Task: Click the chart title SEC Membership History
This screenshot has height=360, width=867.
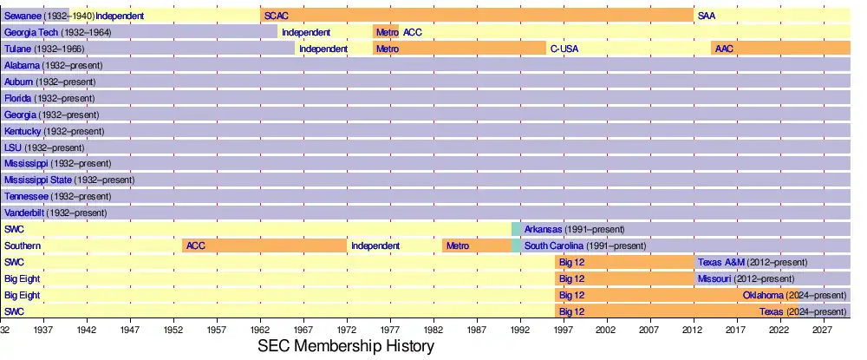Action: (346, 346)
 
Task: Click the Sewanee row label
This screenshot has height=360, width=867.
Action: (23, 16)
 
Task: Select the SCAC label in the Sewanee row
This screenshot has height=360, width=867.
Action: (277, 16)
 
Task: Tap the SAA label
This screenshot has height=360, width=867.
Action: (707, 16)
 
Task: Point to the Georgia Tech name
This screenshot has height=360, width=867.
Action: (30, 32)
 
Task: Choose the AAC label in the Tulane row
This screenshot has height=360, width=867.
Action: (724, 49)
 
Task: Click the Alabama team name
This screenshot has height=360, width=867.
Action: (22, 65)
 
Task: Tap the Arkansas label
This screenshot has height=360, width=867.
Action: (543, 229)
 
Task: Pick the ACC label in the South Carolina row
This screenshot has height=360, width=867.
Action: (195, 245)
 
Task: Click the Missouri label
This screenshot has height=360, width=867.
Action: (714, 278)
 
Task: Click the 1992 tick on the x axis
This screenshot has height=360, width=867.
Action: (520, 330)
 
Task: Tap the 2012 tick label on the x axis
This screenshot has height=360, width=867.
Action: (693, 330)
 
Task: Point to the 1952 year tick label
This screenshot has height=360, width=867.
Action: (173, 330)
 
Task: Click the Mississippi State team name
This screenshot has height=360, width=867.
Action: (37, 180)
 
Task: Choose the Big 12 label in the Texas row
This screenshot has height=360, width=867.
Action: (571, 311)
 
